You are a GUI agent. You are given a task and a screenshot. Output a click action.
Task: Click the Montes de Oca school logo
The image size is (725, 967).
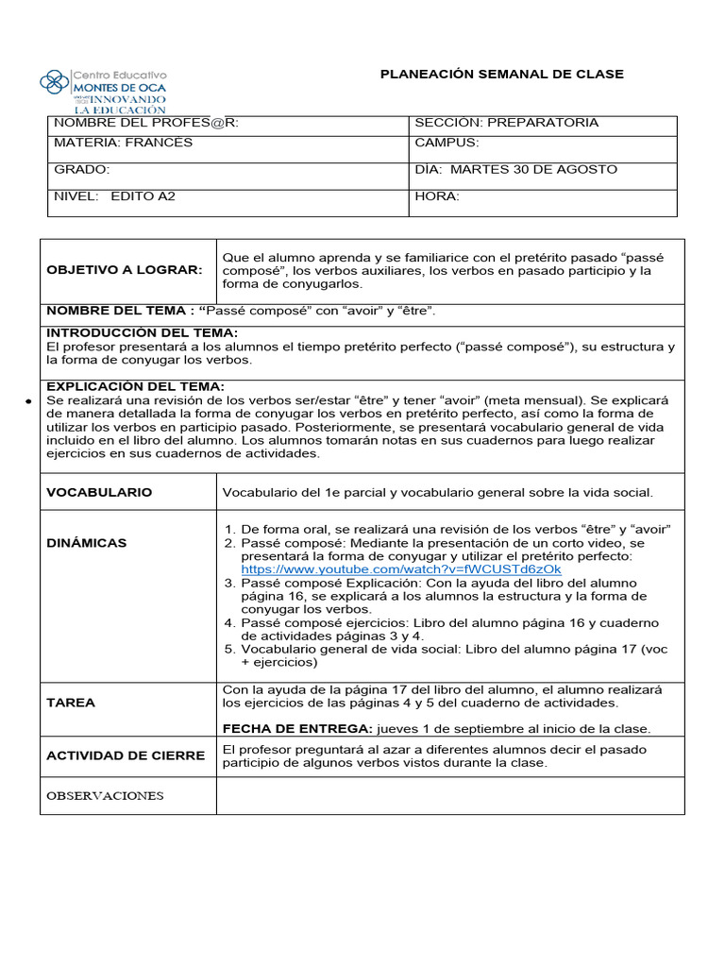(104, 90)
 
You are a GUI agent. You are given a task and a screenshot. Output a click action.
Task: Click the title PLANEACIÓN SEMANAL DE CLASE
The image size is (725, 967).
(501, 75)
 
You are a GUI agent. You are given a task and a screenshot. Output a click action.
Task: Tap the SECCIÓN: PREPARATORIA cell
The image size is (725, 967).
(507, 124)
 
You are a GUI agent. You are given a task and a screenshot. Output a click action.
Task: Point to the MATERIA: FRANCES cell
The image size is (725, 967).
(124, 143)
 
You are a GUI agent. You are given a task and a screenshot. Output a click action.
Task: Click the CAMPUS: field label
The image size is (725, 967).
(447, 143)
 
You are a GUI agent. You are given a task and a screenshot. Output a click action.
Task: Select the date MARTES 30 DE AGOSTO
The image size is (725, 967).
(534, 169)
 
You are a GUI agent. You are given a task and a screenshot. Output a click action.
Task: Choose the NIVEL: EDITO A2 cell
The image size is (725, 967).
(115, 196)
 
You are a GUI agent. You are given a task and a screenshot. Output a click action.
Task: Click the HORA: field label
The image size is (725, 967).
(437, 196)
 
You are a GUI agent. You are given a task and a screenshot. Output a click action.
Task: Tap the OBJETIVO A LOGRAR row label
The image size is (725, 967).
(125, 270)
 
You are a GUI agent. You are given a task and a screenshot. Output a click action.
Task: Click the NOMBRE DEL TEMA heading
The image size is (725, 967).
(121, 311)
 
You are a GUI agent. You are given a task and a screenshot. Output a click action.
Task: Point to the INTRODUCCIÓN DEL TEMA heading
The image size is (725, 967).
(143, 333)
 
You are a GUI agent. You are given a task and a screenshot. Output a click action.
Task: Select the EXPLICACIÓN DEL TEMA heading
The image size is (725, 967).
(136, 386)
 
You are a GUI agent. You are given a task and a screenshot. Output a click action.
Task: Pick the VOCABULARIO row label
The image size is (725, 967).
(99, 492)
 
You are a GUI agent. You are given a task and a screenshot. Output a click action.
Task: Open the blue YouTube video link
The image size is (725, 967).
(401, 569)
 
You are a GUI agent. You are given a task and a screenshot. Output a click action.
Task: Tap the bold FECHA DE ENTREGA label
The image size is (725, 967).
(297, 728)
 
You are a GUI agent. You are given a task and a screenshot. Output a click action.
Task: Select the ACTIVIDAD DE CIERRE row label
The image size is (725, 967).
(126, 755)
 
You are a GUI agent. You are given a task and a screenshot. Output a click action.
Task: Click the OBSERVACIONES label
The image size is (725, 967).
(105, 795)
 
